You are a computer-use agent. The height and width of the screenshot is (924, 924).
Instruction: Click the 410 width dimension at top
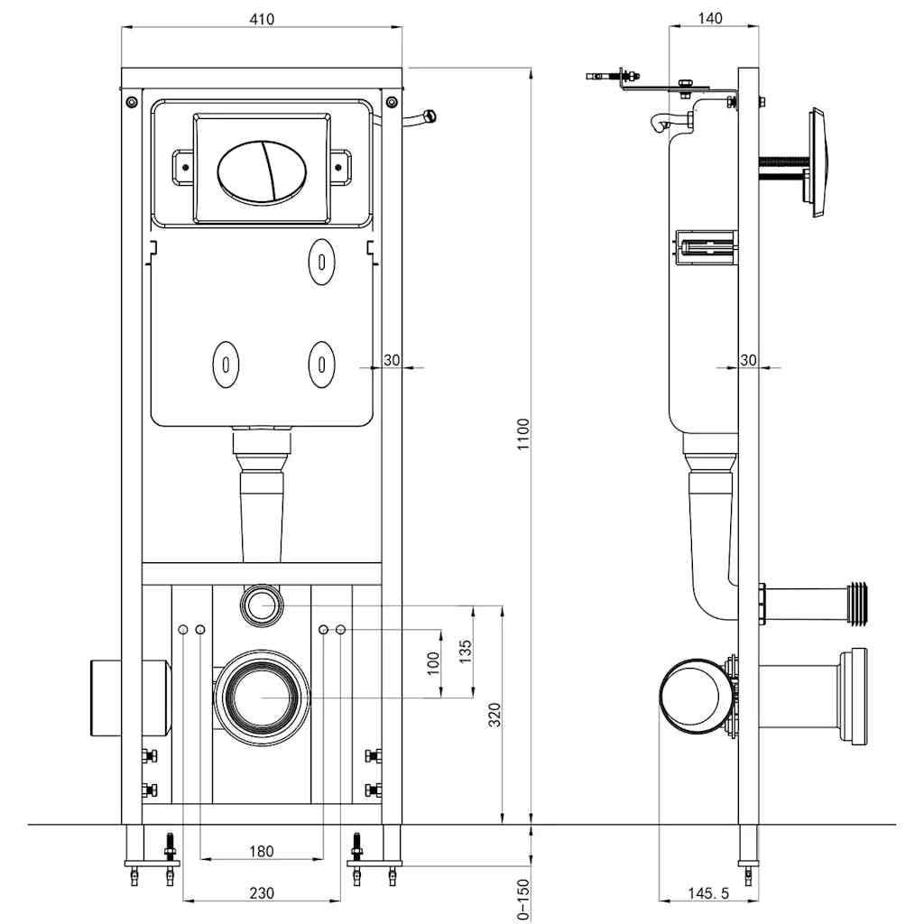[x=262, y=19]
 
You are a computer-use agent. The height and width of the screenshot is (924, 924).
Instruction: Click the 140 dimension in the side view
[x=710, y=19]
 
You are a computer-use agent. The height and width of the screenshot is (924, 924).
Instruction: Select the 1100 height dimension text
[x=523, y=436]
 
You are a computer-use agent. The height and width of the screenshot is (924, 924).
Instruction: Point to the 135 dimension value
[x=466, y=651]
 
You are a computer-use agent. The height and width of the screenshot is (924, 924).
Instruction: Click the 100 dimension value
[x=433, y=664]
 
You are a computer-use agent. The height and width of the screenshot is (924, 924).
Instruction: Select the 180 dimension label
[x=261, y=851]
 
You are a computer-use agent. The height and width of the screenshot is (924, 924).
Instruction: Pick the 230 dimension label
[x=261, y=893]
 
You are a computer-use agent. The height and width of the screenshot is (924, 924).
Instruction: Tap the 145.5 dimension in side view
[x=708, y=893]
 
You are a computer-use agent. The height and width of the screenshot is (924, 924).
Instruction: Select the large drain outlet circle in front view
[x=262, y=697]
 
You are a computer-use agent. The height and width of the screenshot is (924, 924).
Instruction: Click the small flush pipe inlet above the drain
[x=262, y=604]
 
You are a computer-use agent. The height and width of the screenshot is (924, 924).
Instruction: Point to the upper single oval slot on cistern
[x=322, y=260]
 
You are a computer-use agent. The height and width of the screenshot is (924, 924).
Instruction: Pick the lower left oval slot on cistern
[x=225, y=364]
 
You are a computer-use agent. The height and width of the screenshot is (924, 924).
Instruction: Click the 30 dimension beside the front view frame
[x=392, y=360]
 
